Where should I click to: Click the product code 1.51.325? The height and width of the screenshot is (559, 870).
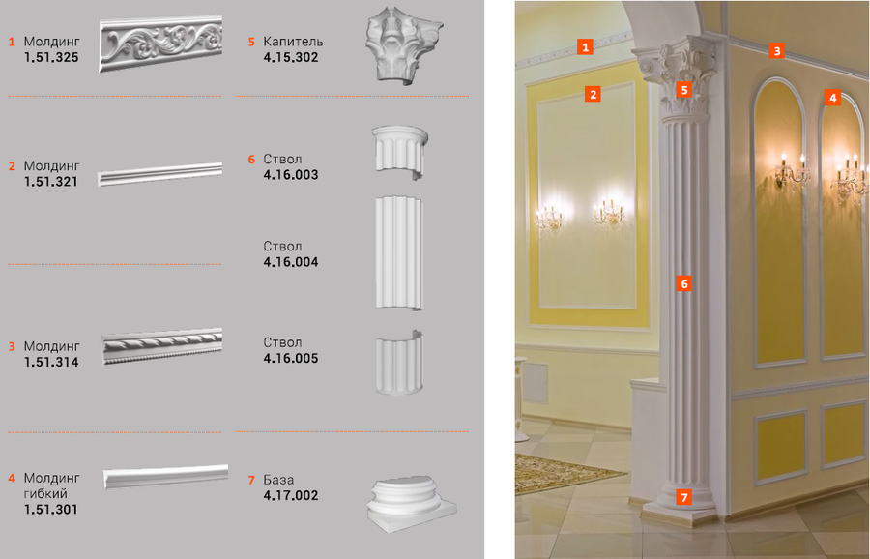click(51, 57)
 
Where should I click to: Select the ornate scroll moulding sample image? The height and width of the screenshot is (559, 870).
click(160, 44)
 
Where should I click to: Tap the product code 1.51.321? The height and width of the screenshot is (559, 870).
click(51, 182)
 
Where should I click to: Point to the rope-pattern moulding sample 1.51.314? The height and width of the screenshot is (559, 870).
click(162, 346)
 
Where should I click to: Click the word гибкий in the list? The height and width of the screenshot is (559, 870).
click(45, 493)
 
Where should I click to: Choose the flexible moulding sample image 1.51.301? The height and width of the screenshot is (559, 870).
click(166, 476)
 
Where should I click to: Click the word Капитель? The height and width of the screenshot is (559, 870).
click(293, 42)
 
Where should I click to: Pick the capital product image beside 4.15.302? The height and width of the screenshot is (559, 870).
click(402, 45)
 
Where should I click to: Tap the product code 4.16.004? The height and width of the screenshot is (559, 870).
click(291, 262)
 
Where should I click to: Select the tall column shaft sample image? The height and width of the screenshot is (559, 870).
click(399, 252)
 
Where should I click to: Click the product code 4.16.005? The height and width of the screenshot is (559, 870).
click(291, 358)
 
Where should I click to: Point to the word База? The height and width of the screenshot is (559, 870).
click(278, 480)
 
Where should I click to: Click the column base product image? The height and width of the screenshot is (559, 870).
click(411, 504)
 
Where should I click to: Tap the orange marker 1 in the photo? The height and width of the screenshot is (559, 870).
click(585, 46)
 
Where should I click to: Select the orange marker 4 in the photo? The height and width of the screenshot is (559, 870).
click(832, 98)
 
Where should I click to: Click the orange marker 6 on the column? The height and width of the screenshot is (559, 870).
click(684, 283)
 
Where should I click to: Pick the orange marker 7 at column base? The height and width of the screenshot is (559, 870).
click(684, 497)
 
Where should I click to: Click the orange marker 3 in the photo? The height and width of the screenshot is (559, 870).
click(777, 50)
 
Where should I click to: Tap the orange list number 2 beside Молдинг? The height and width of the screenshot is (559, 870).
click(12, 166)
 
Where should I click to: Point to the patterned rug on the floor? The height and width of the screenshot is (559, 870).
click(565, 472)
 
